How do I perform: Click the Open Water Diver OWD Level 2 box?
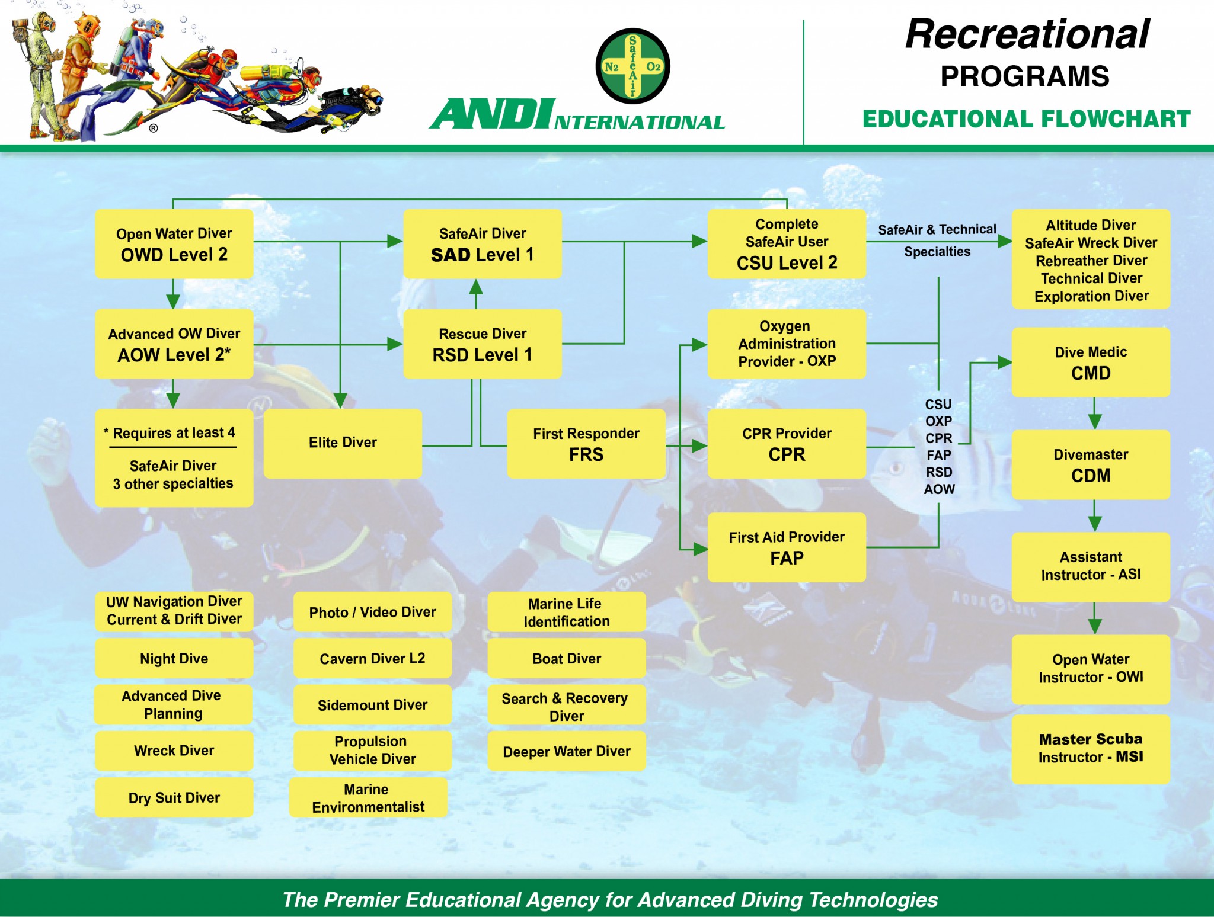[174, 243]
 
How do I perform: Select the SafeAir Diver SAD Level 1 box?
[482, 243]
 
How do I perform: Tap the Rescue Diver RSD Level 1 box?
[482, 344]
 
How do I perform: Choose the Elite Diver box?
[343, 443]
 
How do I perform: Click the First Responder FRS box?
[586, 444]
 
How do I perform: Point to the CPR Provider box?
[786, 444]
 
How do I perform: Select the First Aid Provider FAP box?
[786, 547]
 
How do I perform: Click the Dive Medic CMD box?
[1090, 362]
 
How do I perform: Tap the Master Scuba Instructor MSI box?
[1090, 749]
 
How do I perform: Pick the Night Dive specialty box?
[174, 658]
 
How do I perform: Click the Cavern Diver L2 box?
[372, 658]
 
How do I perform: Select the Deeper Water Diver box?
[566, 751]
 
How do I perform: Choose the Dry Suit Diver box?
[174, 797]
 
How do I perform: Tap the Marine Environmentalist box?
[368, 797]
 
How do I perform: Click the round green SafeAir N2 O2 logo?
[632, 66]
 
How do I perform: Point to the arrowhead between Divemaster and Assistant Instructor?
[1094, 523]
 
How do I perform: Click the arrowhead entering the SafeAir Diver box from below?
[476, 287]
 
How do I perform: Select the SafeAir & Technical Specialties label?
[937, 240]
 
